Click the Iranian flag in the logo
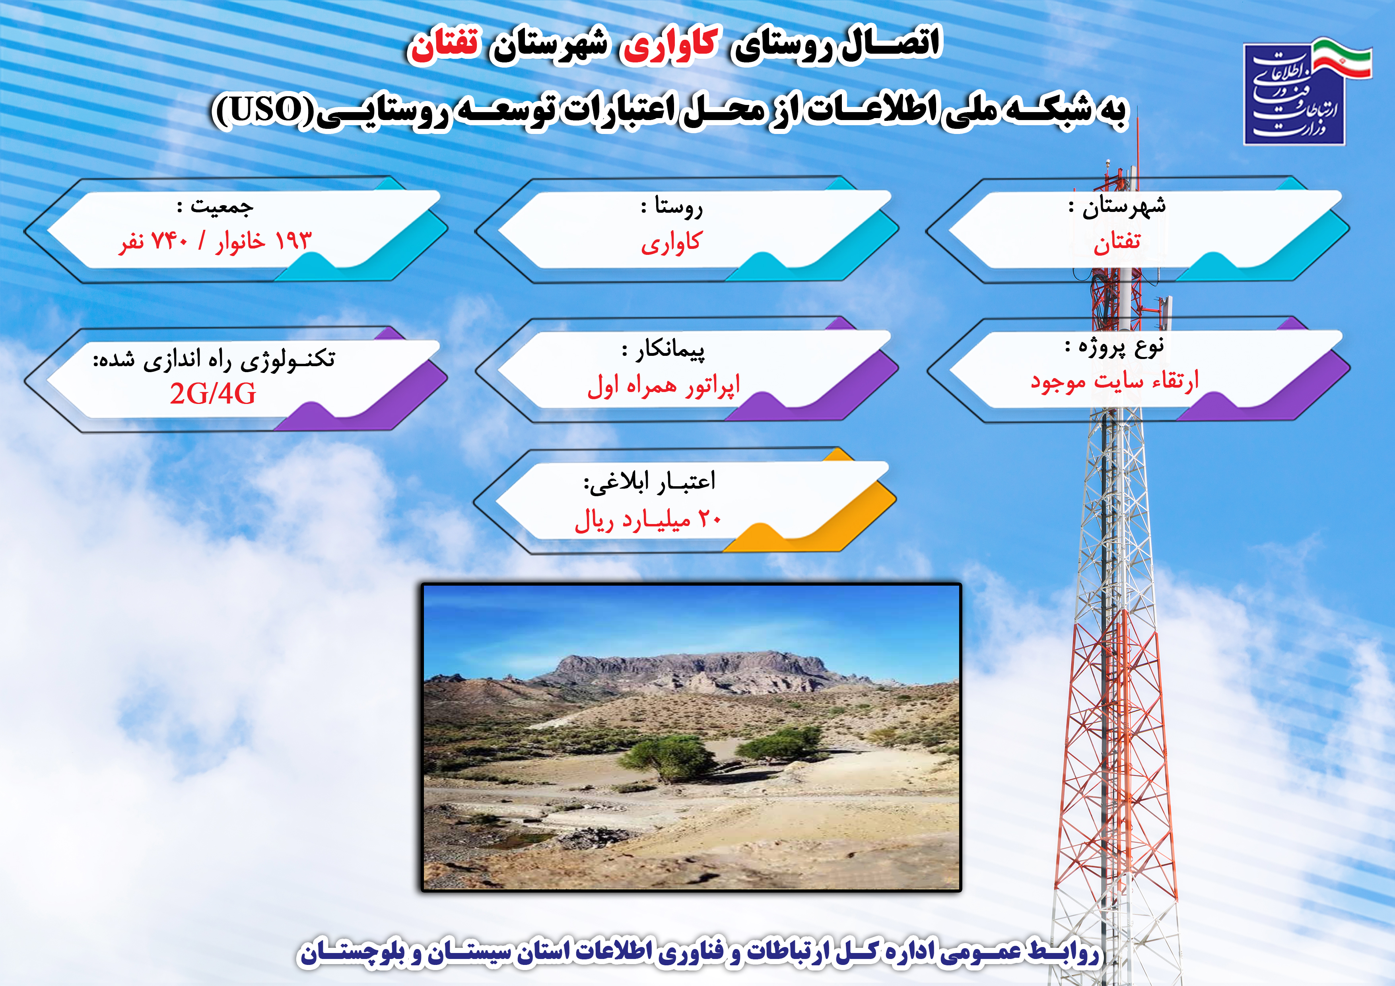point(1342,59)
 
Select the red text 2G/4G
point(213,394)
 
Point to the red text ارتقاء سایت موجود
point(1114,381)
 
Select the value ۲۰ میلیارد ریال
point(648,520)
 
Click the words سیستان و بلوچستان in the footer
point(413,951)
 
